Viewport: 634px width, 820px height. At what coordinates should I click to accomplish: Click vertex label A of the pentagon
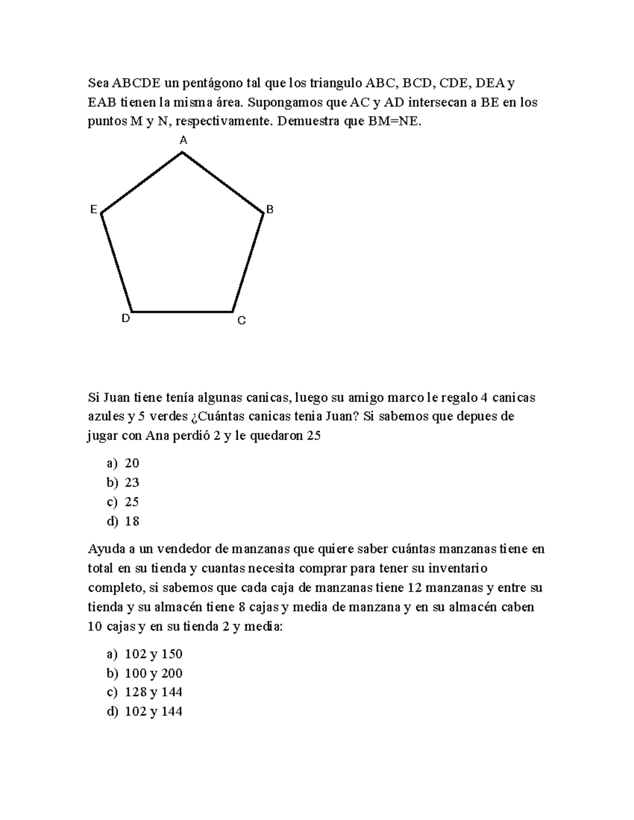pos(183,140)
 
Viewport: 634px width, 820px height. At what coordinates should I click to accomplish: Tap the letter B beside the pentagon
pos(270,210)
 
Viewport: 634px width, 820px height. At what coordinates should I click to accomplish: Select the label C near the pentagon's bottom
pos(241,321)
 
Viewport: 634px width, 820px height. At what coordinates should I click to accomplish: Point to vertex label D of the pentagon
pos(126,318)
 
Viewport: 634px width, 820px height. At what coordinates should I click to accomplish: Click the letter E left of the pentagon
pos(94,210)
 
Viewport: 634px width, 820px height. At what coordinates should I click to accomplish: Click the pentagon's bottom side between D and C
pos(182,312)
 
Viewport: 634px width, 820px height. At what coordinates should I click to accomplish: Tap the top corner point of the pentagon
pos(182,153)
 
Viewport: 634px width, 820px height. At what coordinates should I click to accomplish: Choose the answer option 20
pos(132,463)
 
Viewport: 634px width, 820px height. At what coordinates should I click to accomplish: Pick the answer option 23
pos(132,482)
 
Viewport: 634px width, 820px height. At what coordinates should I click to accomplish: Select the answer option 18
pos(132,521)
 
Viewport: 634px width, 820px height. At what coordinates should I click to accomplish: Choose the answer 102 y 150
pos(153,654)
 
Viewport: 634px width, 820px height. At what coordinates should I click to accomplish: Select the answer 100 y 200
pos(153,673)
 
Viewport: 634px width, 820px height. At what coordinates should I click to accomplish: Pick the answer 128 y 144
pos(153,692)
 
